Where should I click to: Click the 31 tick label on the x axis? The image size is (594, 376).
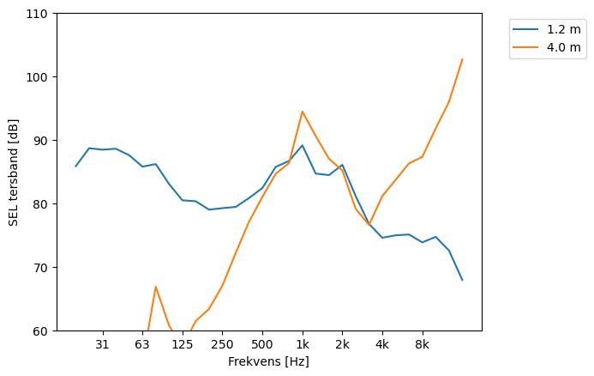(102, 345)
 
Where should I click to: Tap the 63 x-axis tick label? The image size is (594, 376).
(142, 345)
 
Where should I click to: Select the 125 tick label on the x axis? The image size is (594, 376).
(182, 345)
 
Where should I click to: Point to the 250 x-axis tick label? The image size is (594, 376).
(222, 345)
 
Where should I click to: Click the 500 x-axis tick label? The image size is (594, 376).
(262, 345)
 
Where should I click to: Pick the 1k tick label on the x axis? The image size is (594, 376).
(302, 345)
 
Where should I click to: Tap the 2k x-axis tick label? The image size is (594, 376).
(342, 345)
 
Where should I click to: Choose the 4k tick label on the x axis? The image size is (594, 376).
(382, 345)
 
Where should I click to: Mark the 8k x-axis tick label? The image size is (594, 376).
(422, 345)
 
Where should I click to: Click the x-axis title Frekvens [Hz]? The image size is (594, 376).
(268, 361)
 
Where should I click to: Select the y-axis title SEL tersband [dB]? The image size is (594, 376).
(13, 172)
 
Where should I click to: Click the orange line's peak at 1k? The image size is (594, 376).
(302, 112)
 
